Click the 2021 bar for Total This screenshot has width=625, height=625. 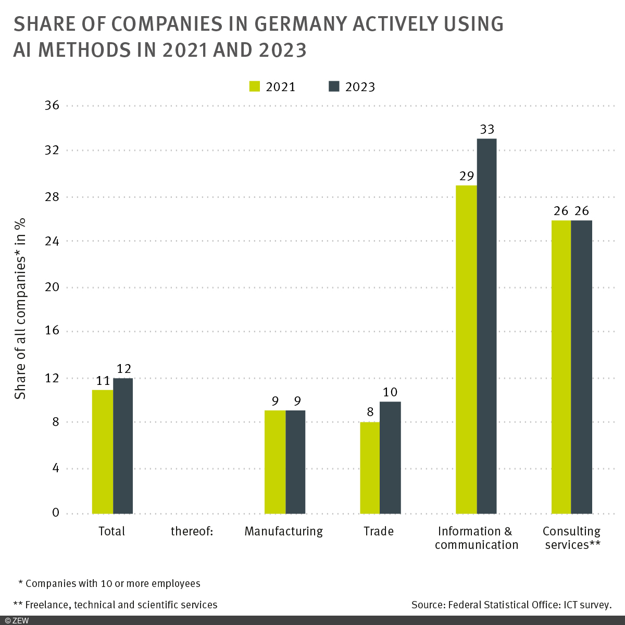click(x=103, y=452)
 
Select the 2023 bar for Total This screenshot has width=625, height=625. click(x=123, y=446)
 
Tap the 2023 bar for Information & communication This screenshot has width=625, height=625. click(x=486, y=326)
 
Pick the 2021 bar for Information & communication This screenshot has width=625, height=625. click(x=466, y=349)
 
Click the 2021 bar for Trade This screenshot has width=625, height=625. click(x=370, y=468)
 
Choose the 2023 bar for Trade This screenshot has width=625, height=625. click(x=390, y=457)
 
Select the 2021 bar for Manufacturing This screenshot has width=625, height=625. click(x=275, y=462)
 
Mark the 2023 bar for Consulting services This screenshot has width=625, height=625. click(x=582, y=367)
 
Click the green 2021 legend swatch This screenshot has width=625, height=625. click(x=255, y=86)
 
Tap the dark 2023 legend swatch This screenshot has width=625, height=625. click(x=334, y=86)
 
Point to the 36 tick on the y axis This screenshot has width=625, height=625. click(x=52, y=106)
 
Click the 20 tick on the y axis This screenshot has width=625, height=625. click(x=52, y=287)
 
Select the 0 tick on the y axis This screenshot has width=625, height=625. click(x=56, y=513)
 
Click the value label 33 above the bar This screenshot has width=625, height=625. click(x=486, y=129)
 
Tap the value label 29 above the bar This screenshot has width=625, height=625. click(x=466, y=176)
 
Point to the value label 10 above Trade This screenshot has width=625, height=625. click(x=390, y=392)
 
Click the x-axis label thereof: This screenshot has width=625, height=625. click(x=192, y=531)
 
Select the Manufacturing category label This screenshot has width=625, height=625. click(x=283, y=531)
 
